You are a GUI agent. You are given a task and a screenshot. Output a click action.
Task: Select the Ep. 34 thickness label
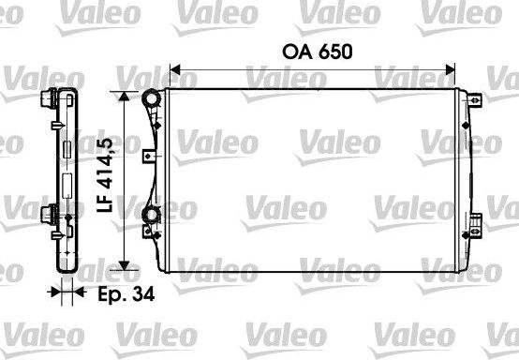[x=125, y=292]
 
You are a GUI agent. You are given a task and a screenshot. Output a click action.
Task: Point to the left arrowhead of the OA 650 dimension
[x=172, y=68]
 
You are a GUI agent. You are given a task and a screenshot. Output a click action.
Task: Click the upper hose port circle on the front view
[x=150, y=97]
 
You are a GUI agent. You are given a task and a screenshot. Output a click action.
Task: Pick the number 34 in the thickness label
[x=142, y=292]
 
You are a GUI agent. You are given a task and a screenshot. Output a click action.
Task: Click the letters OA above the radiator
[x=294, y=52]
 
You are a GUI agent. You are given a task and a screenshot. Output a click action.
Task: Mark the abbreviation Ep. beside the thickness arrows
[x=113, y=293]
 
